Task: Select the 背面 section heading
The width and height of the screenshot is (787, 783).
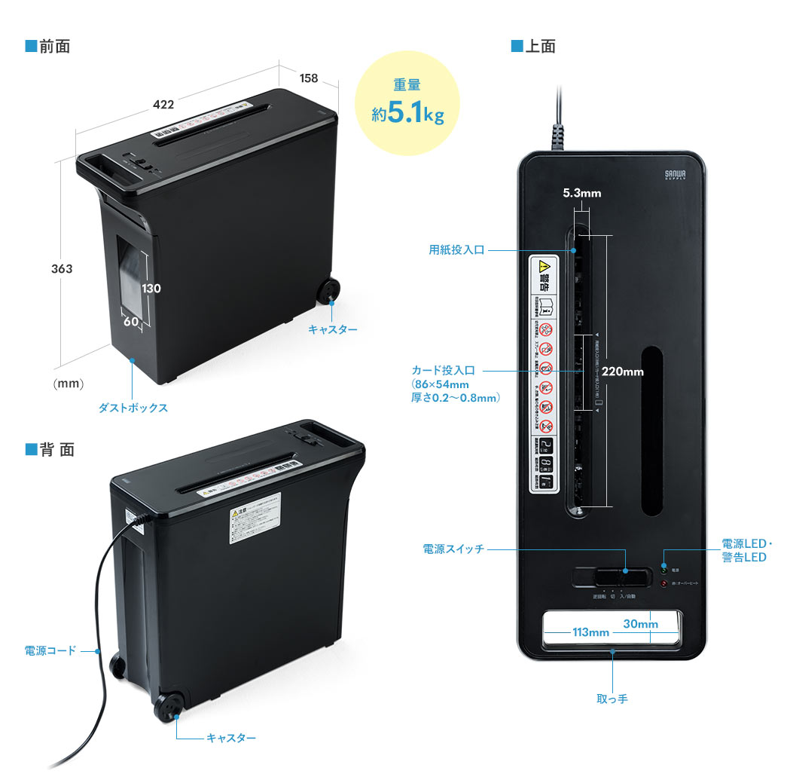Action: click(56, 450)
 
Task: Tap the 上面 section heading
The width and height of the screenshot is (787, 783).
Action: click(539, 47)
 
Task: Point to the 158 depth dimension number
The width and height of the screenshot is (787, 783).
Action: click(308, 78)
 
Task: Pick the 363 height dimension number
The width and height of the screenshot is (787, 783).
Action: click(62, 268)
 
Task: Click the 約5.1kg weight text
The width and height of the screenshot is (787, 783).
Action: click(407, 115)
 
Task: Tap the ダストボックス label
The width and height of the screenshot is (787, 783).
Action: click(133, 408)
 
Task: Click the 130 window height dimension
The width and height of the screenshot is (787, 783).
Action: click(151, 288)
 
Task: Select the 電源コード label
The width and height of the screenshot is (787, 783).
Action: click(50, 650)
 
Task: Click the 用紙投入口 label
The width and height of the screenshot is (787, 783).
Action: click(456, 250)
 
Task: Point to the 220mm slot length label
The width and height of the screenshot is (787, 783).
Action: click(623, 371)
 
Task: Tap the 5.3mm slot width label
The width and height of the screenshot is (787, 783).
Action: click(582, 194)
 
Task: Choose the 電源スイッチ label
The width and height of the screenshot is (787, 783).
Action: click(453, 550)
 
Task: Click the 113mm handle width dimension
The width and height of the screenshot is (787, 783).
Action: click(590, 632)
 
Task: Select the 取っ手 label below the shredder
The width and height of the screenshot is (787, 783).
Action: click(612, 699)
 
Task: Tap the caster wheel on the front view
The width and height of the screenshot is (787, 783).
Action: click(329, 290)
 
